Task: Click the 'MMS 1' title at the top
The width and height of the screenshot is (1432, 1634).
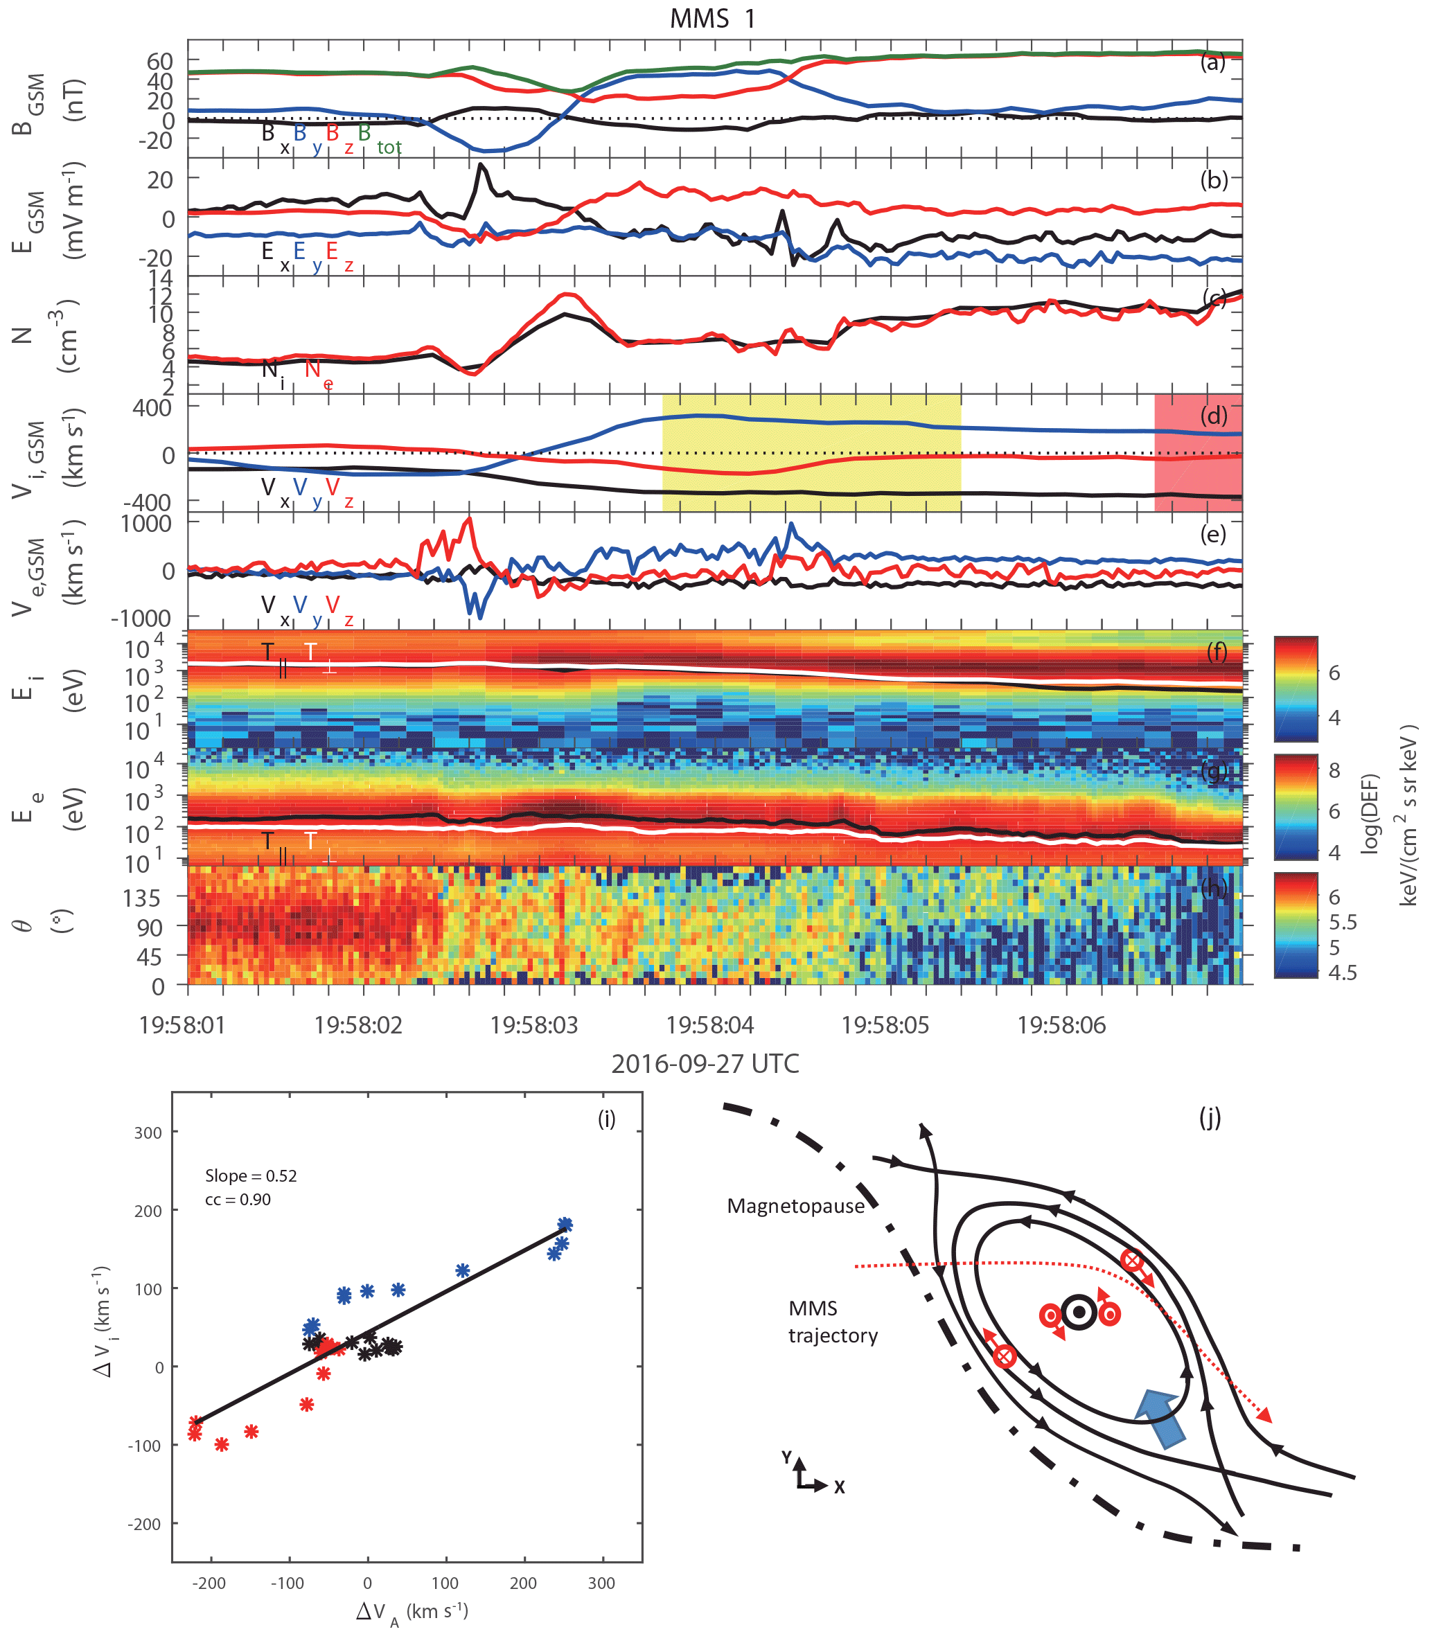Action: (x=712, y=19)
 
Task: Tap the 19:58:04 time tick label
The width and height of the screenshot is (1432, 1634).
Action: (x=709, y=1025)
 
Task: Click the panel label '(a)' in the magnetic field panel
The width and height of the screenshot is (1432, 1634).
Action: (x=1213, y=62)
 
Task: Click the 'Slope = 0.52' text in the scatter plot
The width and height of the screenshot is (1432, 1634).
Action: (x=251, y=1175)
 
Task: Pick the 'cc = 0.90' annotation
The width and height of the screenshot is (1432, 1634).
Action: (x=238, y=1199)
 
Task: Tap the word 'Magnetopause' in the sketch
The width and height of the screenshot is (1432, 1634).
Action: (x=795, y=1206)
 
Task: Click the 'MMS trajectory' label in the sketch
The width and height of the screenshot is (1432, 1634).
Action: (x=833, y=1322)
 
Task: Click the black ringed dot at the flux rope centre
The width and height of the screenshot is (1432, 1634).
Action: (x=1079, y=1312)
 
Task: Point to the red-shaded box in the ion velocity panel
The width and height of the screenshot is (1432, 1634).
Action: (x=1197, y=452)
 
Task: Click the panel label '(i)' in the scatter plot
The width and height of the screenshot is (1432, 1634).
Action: (x=606, y=1119)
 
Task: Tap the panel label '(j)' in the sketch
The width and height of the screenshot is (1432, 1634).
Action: (x=1210, y=1119)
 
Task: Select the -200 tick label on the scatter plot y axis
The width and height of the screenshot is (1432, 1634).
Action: (x=145, y=1524)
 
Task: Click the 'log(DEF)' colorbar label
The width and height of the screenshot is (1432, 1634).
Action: (x=1370, y=812)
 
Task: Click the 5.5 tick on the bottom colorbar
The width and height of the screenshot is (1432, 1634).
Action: (x=1343, y=922)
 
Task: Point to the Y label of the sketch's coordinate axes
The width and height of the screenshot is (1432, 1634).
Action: (x=787, y=1457)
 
